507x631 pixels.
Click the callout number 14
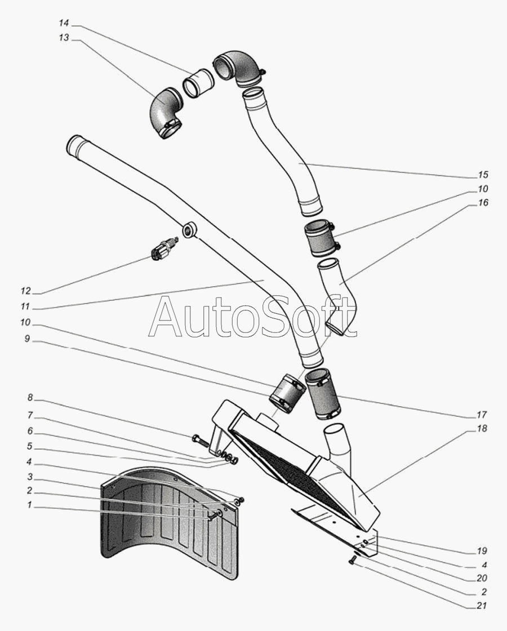[64, 23]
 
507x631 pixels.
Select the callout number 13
[64, 37]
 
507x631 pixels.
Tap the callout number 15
[483, 175]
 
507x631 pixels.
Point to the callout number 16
[483, 202]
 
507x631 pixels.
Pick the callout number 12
[25, 291]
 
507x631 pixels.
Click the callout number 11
[25, 306]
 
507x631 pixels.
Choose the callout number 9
[27, 339]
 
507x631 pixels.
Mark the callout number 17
[482, 415]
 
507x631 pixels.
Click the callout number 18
[482, 428]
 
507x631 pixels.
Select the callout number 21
[482, 605]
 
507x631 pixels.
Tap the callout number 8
[30, 398]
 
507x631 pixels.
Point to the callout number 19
[482, 551]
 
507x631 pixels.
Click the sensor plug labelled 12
[164, 249]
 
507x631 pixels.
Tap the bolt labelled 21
[353, 559]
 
